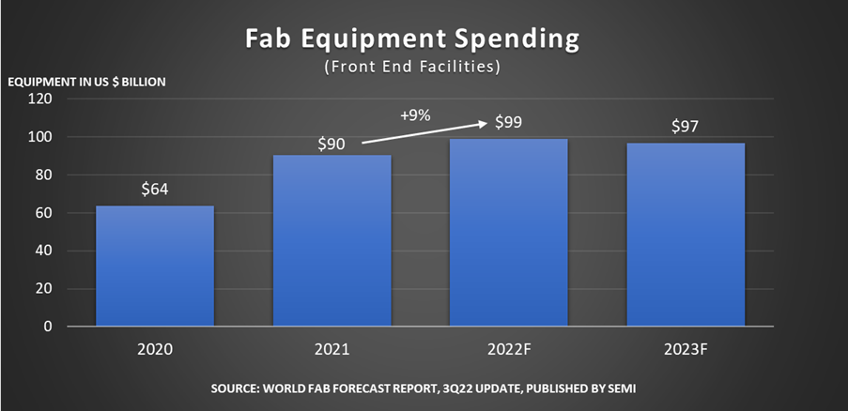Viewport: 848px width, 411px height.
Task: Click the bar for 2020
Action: [155, 266]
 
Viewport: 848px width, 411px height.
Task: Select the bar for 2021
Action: [332, 240]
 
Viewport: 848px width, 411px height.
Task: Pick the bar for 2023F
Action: [686, 235]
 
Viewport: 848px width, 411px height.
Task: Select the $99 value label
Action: [508, 123]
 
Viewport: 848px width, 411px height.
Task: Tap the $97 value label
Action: [686, 127]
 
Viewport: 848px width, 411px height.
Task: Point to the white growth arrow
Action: [423, 132]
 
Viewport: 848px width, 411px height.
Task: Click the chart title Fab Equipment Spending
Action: [411, 40]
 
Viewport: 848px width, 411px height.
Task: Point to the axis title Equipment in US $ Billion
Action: [87, 82]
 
